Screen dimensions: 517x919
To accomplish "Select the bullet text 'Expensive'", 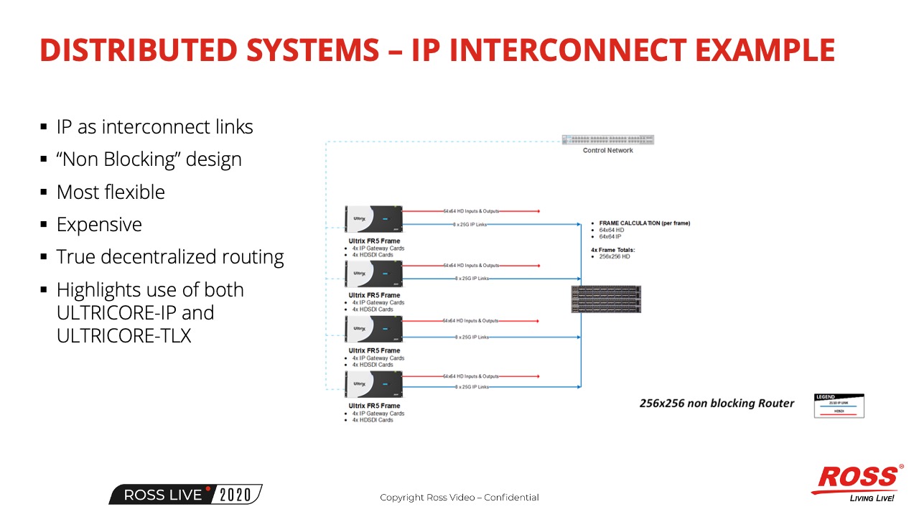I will tap(99, 225).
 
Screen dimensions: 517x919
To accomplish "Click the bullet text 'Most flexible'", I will tap(111, 192).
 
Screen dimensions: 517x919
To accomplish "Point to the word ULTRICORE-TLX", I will tap(123, 335).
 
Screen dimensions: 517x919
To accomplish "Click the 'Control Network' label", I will tap(607, 151).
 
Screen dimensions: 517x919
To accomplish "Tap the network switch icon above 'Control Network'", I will tap(608, 140).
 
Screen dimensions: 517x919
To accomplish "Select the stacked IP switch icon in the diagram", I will tap(606, 299).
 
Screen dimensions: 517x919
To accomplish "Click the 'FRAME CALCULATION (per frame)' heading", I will tap(644, 223).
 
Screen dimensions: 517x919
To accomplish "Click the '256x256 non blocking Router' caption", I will tap(717, 404).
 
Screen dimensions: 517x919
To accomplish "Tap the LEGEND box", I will tap(839, 406).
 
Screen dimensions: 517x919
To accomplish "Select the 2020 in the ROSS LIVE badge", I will tap(235, 495).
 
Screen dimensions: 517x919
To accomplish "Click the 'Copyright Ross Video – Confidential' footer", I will tap(459, 498).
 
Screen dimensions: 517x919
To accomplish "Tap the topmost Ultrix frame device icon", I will tap(373, 219).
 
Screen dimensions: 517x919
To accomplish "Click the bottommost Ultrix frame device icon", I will tap(373, 384).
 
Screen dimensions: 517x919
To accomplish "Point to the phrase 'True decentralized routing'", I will tap(170, 257).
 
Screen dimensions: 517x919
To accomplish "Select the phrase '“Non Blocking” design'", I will tap(149, 159).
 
